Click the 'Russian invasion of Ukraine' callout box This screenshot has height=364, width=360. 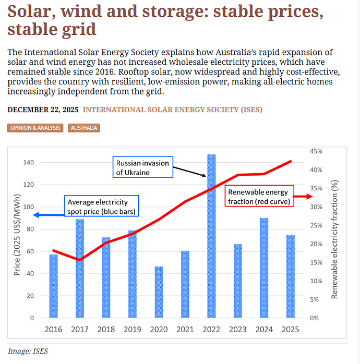click(x=142, y=167)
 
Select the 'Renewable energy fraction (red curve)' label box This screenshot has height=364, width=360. click(x=259, y=196)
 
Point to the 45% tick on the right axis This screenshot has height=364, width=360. click(x=316, y=151)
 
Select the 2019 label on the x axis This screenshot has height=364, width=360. click(x=133, y=329)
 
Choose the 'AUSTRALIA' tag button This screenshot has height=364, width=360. click(x=83, y=128)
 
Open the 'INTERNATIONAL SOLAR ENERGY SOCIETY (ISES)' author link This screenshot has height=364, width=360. click(x=172, y=110)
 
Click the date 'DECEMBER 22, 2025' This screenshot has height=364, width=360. click(x=43, y=110)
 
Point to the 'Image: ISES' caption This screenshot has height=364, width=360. click(x=28, y=351)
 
